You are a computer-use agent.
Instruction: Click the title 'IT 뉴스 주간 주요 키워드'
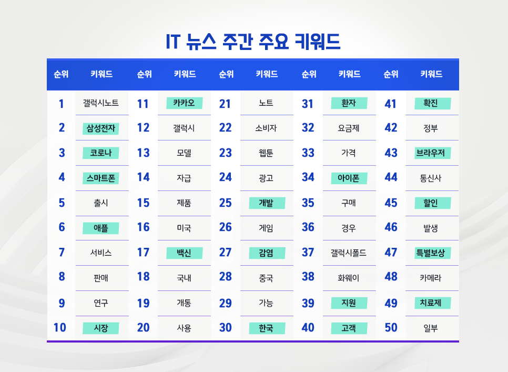pos(253,42)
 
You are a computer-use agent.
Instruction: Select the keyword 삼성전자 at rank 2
pos(100,128)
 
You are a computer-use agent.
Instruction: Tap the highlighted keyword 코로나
pos(100,153)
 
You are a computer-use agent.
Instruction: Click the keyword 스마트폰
pos(100,178)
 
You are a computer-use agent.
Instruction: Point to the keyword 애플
pos(100,228)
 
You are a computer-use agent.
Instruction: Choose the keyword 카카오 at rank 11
pos(184,103)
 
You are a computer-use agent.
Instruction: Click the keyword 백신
pos(184,253)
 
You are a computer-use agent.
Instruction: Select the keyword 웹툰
pos(266,153)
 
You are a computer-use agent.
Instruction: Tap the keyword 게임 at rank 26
pos(266,228)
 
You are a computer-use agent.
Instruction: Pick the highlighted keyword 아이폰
pos(349,178)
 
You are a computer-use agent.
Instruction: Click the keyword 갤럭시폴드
pos(349,253)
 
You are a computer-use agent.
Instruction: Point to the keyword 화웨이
pos(349,277)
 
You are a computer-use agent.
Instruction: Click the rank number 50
pos(391,328)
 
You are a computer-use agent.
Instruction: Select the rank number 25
pos(225,203)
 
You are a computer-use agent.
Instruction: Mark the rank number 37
pos(308,253)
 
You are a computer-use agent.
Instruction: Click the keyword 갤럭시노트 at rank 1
pos(100,103)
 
